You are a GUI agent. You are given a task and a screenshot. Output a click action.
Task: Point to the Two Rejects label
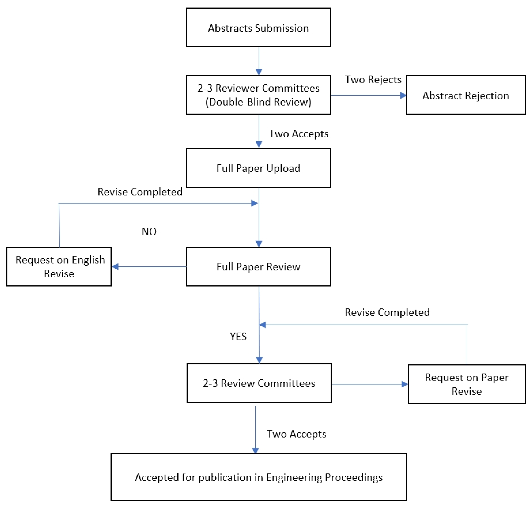coord(373,80)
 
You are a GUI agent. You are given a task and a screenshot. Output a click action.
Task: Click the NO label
coord(149,232)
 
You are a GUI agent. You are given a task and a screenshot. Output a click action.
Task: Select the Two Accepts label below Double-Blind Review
coord(298,134)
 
